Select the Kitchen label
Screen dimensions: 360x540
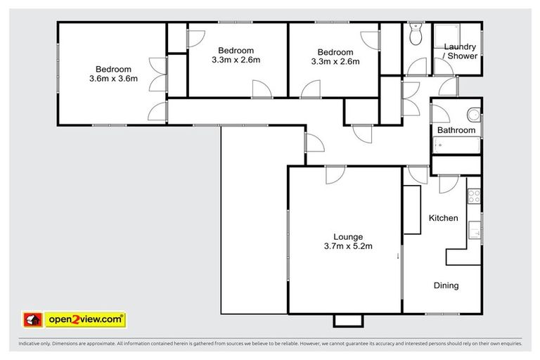coord(443,218)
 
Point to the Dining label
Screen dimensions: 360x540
coord(445,285)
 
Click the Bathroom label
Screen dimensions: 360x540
coord(456,131)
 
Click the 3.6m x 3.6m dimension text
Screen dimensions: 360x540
coord(113,79)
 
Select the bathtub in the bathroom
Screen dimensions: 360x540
coord(456,146)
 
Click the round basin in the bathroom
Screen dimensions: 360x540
coord(474,114)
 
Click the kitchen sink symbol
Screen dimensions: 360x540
coord(476,229)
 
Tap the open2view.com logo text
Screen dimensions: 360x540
coord(84,320)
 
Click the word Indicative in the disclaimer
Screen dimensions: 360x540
coord(30,344)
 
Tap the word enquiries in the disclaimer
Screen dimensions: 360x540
coord(507,344)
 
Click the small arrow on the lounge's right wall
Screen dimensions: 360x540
coord(397,256)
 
